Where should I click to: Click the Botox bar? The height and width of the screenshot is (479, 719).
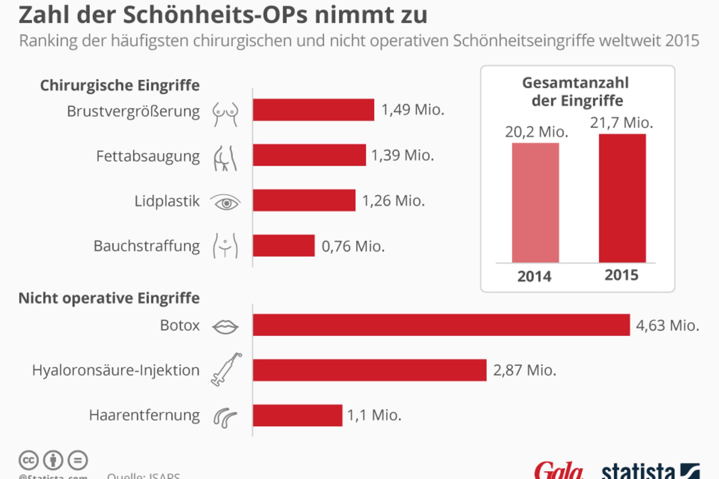coord(441,325)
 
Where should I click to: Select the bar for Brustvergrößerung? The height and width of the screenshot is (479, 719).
coord(313,110)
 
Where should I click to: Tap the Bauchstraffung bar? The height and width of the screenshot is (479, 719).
coord(283,246)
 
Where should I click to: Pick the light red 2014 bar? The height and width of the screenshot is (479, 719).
coord(535,202)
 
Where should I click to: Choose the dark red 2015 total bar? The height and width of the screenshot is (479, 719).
coord(622,198)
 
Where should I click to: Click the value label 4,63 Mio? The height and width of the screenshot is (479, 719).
coord(667,326)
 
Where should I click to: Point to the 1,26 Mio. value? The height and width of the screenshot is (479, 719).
coord(393,201)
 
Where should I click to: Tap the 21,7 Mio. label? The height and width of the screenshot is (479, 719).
coord(621,123)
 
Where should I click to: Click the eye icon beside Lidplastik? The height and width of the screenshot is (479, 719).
coord(225,202)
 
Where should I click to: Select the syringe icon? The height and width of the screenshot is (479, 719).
coord(226,370)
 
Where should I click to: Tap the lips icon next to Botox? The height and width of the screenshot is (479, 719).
coord(225,327)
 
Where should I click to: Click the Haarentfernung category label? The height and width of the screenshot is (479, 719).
coord(144,415)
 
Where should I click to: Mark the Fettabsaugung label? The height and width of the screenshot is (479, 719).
coord(148,156)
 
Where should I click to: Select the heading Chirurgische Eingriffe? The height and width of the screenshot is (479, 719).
coord(120,85)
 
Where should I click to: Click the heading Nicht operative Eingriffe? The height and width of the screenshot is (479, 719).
coord(109,298)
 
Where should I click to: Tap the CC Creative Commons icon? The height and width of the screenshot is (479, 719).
coord(28,460)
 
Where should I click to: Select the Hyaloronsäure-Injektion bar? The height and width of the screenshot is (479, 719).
coord(369,370)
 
